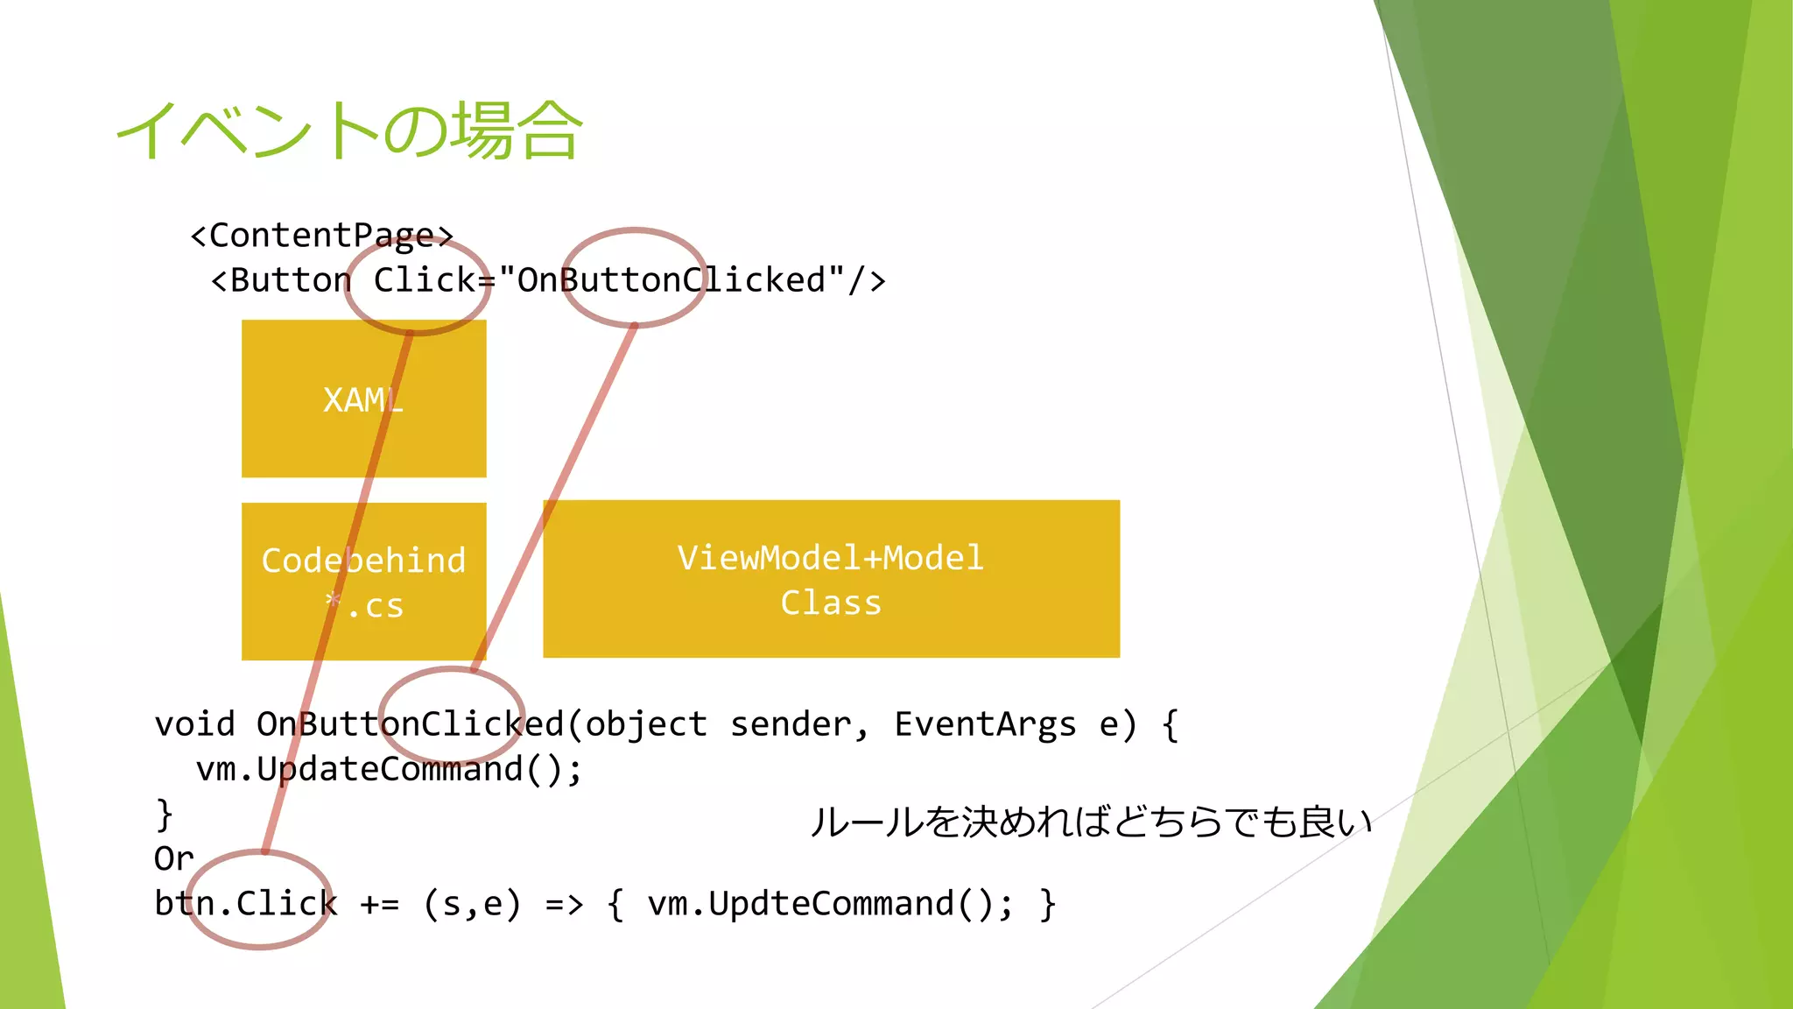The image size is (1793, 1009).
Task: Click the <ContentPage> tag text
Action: (x=321, y=236)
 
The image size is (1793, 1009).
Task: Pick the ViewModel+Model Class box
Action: (x=830, y=578)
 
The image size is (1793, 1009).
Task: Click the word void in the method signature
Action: (x=194, y=724)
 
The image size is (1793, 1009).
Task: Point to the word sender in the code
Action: (x=791, y=724)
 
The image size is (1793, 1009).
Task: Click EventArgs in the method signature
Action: (x=985, y=724)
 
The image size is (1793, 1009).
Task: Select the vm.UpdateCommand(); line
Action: (x=389, y=770)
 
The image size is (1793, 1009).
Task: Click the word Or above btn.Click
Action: (x=173, y=858)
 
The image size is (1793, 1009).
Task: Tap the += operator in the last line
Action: (x=379, y=904)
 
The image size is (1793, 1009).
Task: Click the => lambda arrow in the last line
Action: (x=564, y=904)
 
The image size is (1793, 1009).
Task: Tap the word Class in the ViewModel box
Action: (x=831, y=603)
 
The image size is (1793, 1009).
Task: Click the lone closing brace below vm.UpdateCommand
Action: (x=164, y=815)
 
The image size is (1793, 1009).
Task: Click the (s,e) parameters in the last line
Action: (x=472, y=904)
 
